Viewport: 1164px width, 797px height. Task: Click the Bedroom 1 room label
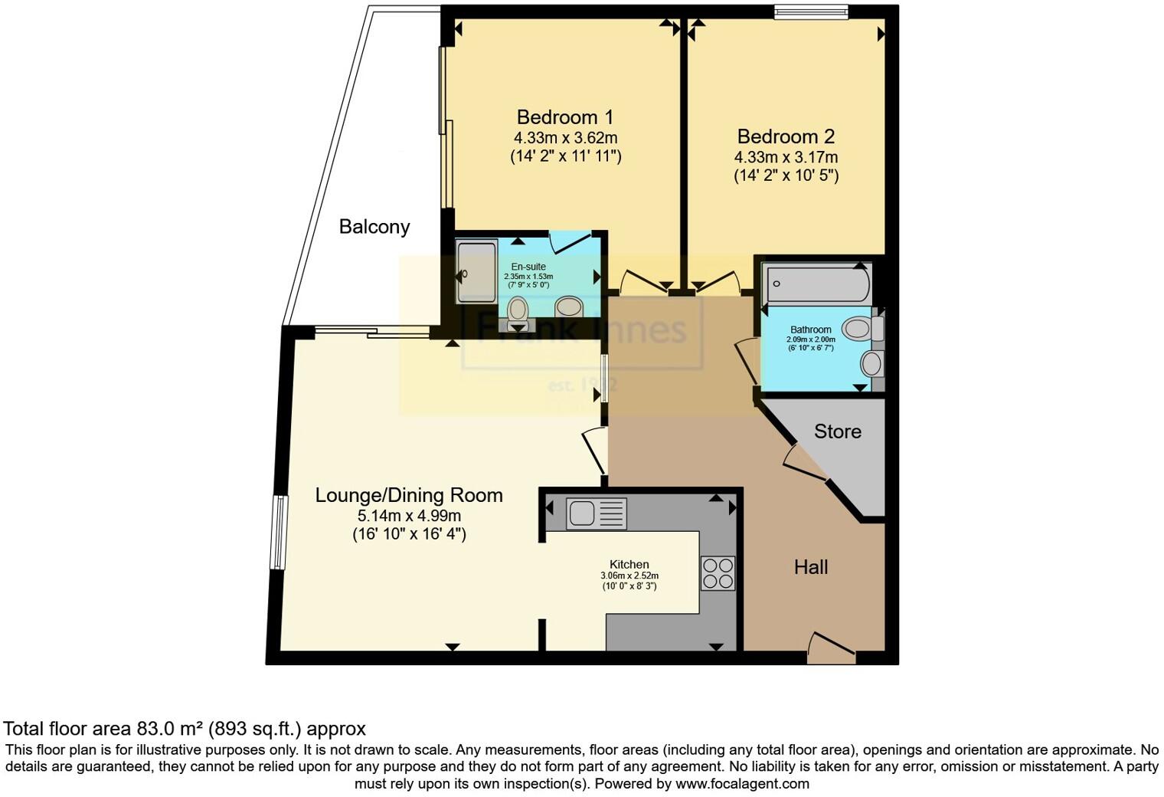pyautogui.click(x=565, y=117)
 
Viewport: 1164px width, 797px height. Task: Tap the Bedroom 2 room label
pyautogui.click(x=786, y=136)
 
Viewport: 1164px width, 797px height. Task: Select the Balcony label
pyautogui.click(x=374, y=227)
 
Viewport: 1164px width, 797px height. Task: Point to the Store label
pyautogui.click(x=837, y=431)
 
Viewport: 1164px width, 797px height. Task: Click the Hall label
pyautogui.click(x=811, y=567)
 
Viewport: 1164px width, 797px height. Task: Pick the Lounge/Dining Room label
pyautogui.click(x=409, y=495)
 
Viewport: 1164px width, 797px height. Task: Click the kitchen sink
pyautogui.click(x=596, y=513)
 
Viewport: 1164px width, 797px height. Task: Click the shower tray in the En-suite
pyautogui.click(x=476, y=272)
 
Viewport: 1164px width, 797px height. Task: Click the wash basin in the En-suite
pyautogui.click(x=569, y=307)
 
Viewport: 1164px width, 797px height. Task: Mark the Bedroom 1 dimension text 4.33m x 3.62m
pyautogui.click(x=565, y=138)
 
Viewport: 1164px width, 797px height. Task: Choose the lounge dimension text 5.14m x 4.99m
pyautogui.click(x=409, y=516)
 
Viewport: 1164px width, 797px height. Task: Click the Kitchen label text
pyautogui.click(x=629, y=564)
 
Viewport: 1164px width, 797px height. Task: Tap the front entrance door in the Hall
pyautogui.click(x=832, y=648)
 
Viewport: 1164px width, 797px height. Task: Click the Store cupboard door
pyautogui.click(x=803, y=464)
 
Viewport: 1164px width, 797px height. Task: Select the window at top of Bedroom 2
pyautogui.click(x=810, y=11)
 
